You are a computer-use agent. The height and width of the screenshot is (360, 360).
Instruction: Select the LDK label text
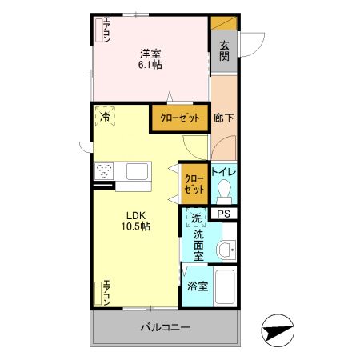point(134,214)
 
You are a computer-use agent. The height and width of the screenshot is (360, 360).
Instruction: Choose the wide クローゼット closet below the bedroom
point(179,118)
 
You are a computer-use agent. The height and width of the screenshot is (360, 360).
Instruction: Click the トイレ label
point(224,171)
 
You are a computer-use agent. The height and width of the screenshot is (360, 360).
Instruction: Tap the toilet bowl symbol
point(223,189)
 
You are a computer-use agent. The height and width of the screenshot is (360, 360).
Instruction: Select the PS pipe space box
point(224,214)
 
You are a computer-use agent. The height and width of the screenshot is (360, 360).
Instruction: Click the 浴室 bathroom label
point(198,286)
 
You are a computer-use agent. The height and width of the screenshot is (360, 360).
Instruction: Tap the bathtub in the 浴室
point(225,286)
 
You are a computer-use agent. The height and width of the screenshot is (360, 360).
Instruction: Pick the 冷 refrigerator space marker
point(105,117)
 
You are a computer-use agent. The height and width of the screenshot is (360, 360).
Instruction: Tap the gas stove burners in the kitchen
point(106,170)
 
